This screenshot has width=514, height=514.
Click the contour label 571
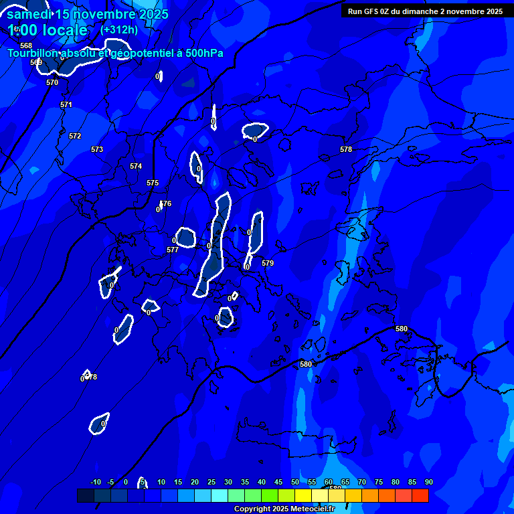point(66,104)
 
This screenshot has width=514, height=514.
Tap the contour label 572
point(75,136)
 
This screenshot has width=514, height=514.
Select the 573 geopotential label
point(97,149)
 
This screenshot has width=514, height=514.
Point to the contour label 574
point(136,166)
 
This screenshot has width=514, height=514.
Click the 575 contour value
point(153,183)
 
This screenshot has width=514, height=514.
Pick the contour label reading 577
point(172,250)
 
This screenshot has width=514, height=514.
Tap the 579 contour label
point(268,263)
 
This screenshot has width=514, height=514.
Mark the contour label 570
point(52,82)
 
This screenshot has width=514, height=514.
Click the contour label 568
point(26,46)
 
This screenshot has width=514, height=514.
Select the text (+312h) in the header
point(119,29)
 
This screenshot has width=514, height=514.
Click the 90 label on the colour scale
point(428,482)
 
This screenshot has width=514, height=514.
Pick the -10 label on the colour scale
point(95,482)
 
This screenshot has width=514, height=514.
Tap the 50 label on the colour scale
point(295,482)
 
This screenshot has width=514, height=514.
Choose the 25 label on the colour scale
point(211,482)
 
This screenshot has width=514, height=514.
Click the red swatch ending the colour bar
point(420,495)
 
